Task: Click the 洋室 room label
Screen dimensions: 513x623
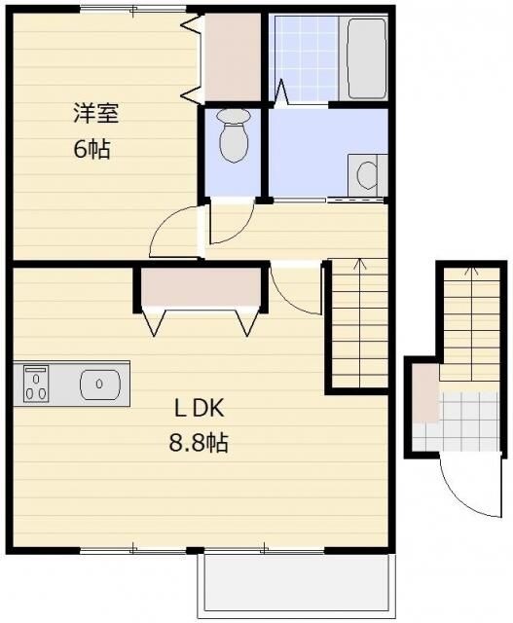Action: (96, 113)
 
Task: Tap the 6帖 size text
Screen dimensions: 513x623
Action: (92, 149)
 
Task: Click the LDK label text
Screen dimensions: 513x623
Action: (200, 408)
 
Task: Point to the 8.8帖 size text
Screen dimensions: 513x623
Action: (199, 443)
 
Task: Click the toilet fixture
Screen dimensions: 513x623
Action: (234, 135)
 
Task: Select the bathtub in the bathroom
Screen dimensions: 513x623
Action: (367, 58)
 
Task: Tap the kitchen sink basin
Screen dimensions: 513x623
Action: (100, 384)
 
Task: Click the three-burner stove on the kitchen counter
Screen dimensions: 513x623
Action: (36, 384)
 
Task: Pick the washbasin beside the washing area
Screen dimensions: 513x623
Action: (368, 175)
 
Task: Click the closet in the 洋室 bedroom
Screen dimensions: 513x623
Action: (233, 57)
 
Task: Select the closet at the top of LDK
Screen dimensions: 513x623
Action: (202, 287)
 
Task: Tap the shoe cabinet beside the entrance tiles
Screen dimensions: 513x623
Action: (425, 393)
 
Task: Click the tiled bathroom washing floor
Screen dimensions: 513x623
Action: (306, 58)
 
